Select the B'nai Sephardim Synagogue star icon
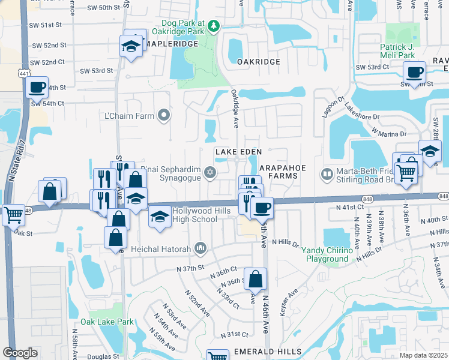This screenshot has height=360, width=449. [209, 173]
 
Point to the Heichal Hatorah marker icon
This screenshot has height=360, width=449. [200, 248]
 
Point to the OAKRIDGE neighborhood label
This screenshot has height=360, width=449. [258, 62]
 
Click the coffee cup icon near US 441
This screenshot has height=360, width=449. [37, 88]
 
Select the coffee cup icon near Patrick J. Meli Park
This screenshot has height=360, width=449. [414, 73]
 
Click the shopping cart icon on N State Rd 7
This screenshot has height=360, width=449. [13, 214]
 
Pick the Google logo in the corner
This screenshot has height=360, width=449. [20, 353]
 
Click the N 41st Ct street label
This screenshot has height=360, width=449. [349, 206]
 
